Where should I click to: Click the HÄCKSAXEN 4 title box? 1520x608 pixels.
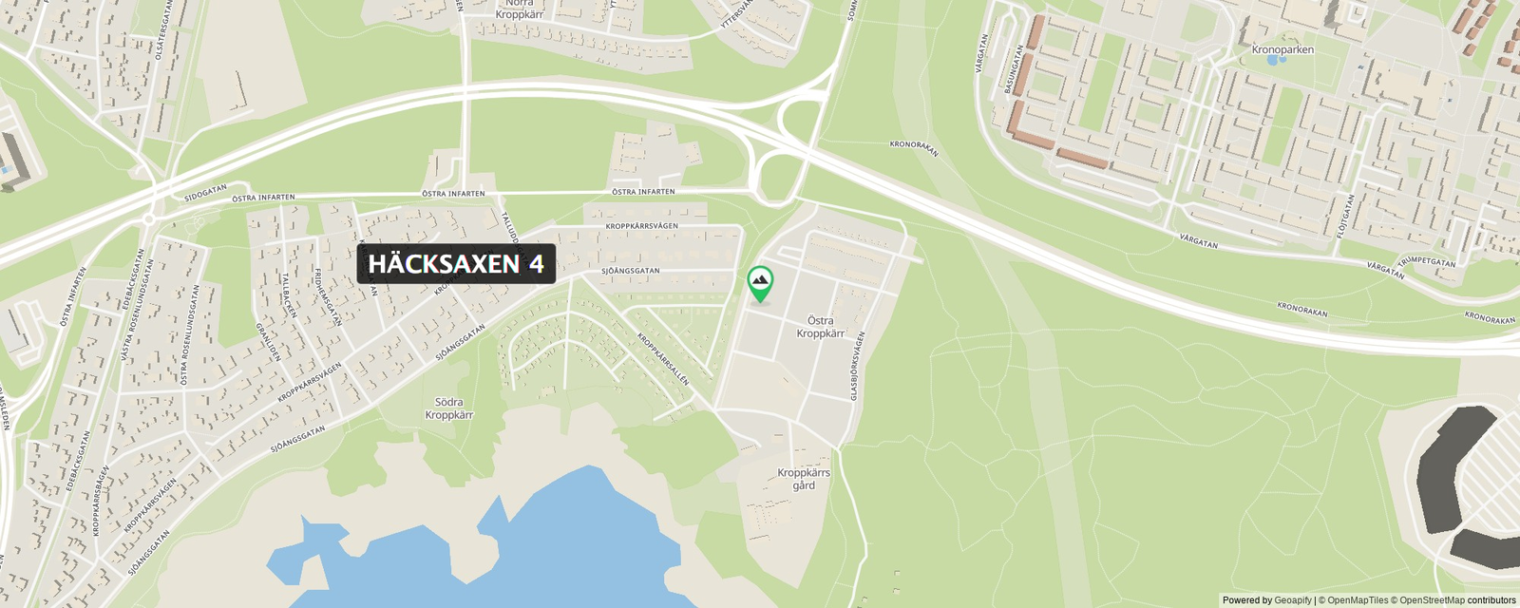pyautogui.click(x=456, y=264)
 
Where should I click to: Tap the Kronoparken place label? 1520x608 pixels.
pyautogui.click(x=1282, y=49)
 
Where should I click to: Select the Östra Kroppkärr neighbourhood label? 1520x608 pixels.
pyautogui.click(x=820, y=327)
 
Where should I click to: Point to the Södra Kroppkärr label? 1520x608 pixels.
pyautogui.click(x=448, y=408)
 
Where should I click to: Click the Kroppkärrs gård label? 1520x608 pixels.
pyautogui.click(x=804, y=479)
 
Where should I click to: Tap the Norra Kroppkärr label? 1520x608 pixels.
pyautogui.click(x=520, y=9)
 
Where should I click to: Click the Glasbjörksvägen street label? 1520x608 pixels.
pyautogui.click(x=857, y=365)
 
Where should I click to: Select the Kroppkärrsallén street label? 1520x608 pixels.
pyautogui.click(x=663, y=358)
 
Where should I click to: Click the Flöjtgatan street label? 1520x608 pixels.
pyautogui.click(x=1345, y=216)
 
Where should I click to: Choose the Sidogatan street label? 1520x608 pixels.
pyautogui.click(x=205, y=192)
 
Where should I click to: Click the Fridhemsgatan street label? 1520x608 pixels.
pyautogui.click(x=327, y=296)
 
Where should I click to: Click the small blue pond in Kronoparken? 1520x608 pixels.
pyautogui.click(x=1272, y=60)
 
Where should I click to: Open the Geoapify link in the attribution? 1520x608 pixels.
pyautogui.click(x=1292, y=600)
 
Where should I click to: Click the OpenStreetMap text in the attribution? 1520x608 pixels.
pyautogui.click(x=1432, y=600)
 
